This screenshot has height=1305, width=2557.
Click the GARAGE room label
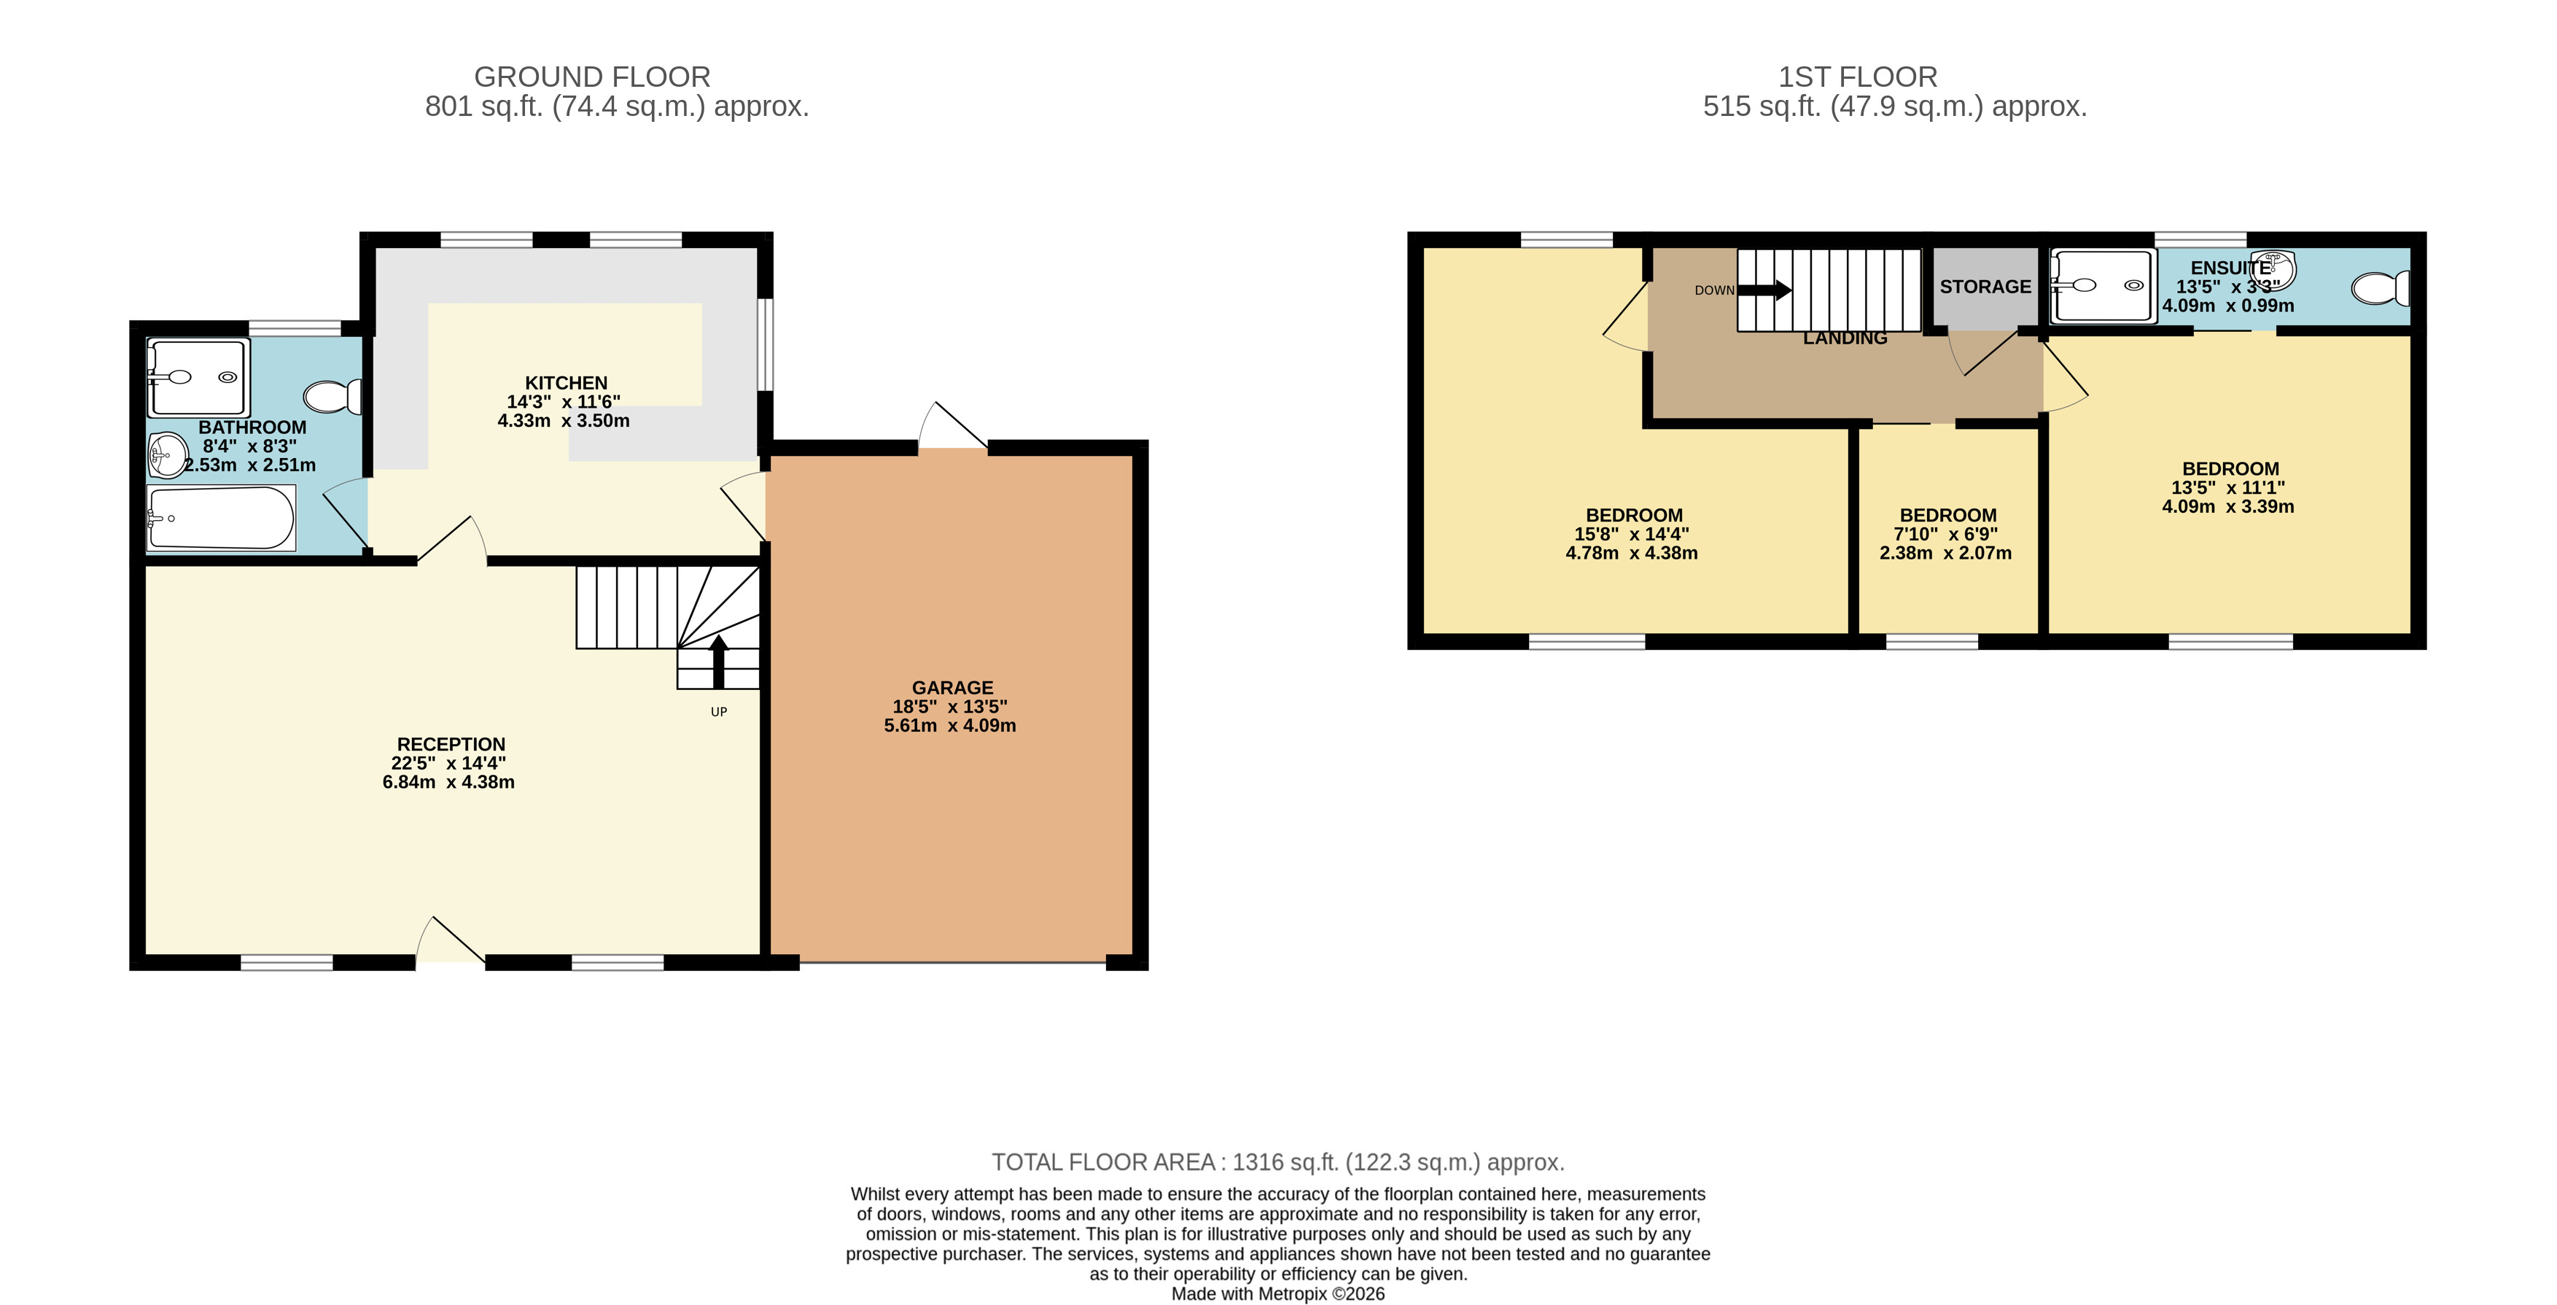point(952,687)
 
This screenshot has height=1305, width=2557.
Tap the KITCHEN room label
point(566,382)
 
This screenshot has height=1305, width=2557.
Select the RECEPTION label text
point(451,744)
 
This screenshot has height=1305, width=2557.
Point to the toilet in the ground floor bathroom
point(332,396)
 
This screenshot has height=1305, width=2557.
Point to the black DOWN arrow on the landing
point(1764,290)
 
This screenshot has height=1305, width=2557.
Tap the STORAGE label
point(1985,286)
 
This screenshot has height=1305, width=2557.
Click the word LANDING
point(1845,338)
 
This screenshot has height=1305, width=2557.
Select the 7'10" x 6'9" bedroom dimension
point(1945,533)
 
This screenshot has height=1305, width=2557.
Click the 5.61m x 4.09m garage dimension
point(950,725)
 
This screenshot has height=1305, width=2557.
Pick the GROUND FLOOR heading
point(593,77)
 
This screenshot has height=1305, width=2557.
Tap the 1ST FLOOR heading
point(1857,77)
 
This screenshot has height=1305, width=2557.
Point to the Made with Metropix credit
point(1277,1294)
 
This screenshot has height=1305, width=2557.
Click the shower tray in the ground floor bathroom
point(198,377)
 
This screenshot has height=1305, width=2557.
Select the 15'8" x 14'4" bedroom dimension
point(1632,533)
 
